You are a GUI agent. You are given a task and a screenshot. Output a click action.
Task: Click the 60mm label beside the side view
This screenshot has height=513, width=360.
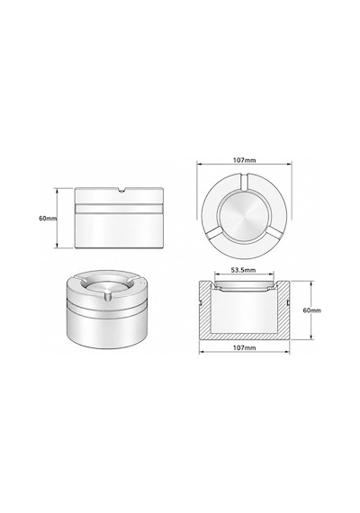[x=48, y=218]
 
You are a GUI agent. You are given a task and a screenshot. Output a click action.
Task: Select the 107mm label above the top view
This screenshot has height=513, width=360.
[x=244, y=160]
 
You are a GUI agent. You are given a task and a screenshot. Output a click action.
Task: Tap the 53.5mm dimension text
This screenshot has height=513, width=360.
[x=243, y=270]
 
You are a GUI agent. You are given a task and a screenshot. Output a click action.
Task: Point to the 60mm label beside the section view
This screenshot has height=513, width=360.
[x=312, y=310]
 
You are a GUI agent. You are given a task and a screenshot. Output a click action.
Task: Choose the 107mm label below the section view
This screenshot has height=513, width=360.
[x=244, y=347]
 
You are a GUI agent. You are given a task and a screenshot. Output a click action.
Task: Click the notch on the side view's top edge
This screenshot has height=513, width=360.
[x=121, y=190]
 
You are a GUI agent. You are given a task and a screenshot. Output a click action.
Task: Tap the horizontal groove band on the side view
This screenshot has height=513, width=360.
[x=119, y=209]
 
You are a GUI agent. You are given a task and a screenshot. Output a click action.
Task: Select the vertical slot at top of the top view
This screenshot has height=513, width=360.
[x=244, y=182]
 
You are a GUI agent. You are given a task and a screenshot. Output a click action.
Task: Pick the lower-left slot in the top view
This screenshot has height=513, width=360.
[x=214, y=234]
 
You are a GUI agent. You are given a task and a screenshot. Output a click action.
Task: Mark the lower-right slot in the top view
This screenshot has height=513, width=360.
[x=274, y=234]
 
